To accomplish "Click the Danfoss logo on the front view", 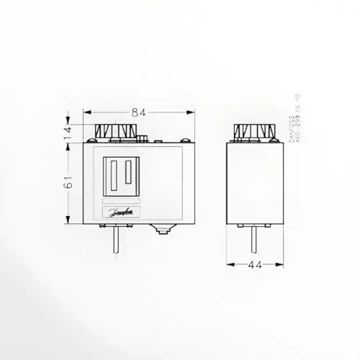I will pos(122,212).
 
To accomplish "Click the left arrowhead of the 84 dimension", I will pos(87,112).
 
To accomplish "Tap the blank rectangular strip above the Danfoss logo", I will pos(122,202).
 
